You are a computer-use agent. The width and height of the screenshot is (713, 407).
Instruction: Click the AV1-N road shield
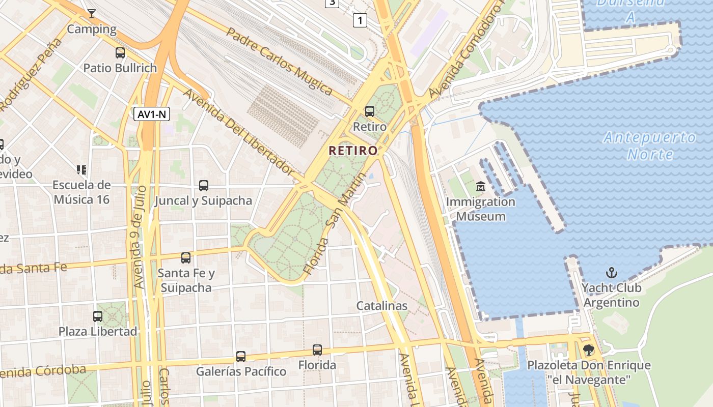pos(152,114)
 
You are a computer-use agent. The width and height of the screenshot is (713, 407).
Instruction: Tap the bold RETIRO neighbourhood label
pos(353,151)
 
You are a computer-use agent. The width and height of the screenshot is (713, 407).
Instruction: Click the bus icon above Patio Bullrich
pos(120,52)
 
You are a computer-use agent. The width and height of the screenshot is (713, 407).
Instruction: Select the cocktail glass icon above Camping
pos(92,14)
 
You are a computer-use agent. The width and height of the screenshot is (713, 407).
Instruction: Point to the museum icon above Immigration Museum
pos(481,187)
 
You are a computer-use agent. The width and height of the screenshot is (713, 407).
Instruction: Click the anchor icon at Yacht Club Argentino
pos(611,273)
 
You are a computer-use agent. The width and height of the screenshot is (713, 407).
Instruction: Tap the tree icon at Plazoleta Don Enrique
pos(589,350)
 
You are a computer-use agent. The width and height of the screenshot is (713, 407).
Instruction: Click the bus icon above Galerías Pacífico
pos(241,356)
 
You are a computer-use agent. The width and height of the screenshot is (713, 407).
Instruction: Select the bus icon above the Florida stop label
pos(317,350)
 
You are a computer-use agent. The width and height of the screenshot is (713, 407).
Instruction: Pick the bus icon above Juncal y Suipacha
pos(204,186)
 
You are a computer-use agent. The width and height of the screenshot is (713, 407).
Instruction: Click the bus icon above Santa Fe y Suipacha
pos(186,258)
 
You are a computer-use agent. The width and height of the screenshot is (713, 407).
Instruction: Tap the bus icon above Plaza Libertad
pos(98,316)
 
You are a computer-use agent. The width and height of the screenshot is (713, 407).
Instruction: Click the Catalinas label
pos(382,306)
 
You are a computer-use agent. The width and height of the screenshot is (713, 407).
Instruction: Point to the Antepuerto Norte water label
pos(650,146)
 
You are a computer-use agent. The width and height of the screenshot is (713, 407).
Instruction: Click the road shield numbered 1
pos(360,20)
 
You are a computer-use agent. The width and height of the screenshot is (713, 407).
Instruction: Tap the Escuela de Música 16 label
pos(81,192)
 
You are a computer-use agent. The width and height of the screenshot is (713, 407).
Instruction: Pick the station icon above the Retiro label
pos(370,111)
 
